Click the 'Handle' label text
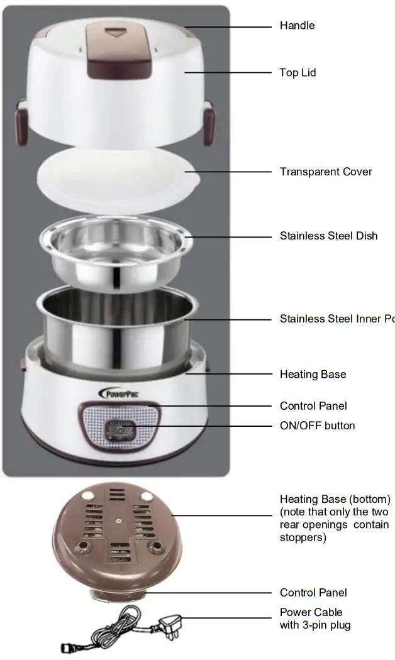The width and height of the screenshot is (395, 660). [x=297, y=26]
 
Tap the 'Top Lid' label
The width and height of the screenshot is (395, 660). [x=298, y=73]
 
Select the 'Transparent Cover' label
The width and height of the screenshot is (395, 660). [x=326, y=172]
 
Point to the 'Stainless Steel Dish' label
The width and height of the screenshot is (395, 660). [x=328, y=236]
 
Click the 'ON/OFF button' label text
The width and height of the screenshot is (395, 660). [x=317, y=426]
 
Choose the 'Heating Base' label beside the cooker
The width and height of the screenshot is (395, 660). [x=313, y=375]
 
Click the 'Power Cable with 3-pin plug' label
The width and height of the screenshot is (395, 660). [x=314, y=619]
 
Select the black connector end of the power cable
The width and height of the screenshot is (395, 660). [x=68, y=648]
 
